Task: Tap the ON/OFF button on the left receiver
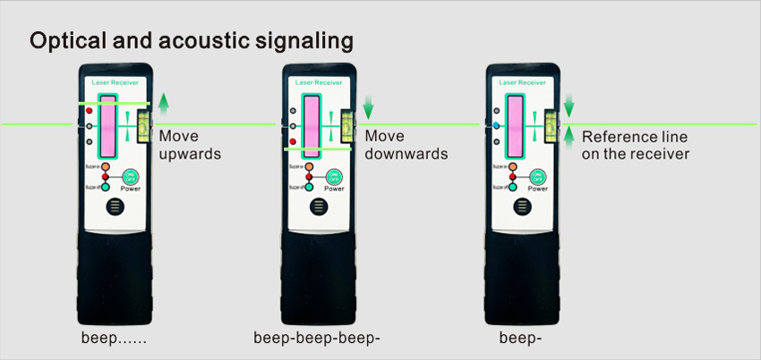pos(130,176)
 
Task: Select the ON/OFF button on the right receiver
pos(537,176)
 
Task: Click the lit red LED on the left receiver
pos(89,110)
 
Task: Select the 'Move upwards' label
pos(189,145)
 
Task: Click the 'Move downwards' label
pos(406,145)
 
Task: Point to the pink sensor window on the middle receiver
pos(312,124)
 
